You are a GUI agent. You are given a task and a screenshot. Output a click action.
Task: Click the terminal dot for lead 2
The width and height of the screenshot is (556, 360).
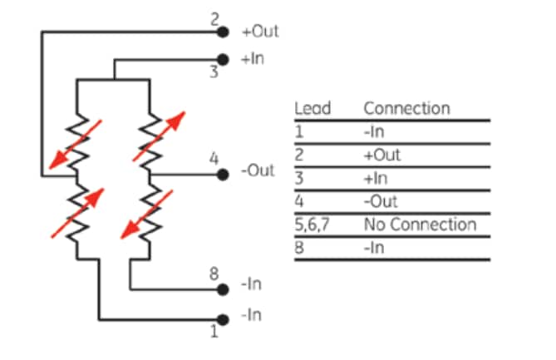coord(222,33)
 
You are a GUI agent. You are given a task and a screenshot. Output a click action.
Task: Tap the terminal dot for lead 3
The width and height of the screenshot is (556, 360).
coord(222,60)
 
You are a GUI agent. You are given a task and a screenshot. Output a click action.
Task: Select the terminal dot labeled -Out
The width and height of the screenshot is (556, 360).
coord(222,175)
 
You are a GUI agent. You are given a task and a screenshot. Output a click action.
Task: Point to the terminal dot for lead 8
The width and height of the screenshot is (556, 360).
coord(222,289)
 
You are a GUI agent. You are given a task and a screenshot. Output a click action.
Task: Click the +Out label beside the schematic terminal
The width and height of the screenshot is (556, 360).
coord(259,32)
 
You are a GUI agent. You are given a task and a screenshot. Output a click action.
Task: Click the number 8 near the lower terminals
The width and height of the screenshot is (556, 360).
coord(213,272)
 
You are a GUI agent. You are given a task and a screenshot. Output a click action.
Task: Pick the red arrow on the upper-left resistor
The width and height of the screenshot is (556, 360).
coord(76,143)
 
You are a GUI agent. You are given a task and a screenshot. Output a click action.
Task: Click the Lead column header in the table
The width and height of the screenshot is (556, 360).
coord(312,108)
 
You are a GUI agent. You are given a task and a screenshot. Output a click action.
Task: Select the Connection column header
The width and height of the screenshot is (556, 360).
coord(406,108)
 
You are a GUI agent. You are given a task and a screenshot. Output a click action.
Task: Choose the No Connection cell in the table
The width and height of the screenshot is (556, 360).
coord(420,224)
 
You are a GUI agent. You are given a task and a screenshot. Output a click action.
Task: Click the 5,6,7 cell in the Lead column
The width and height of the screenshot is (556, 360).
coord(312,224)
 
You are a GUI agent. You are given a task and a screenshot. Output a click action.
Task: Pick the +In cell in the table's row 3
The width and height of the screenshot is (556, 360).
coord(377,178)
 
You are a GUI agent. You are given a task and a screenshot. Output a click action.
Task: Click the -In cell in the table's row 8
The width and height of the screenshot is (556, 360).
coord(376,248)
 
